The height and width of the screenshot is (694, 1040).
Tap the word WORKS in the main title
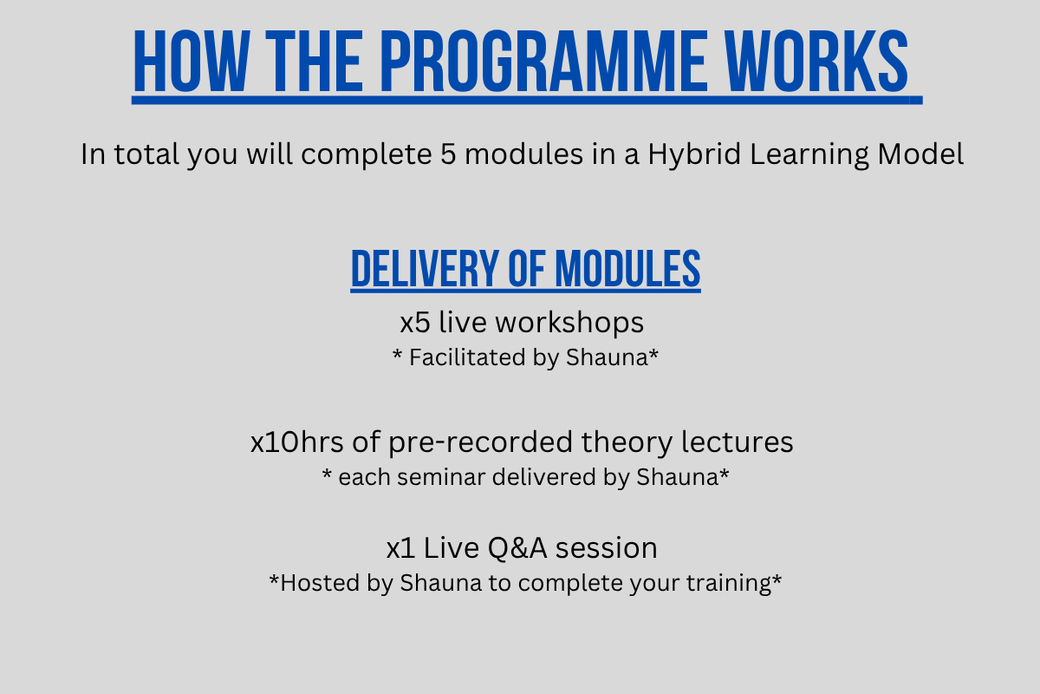point(817,62)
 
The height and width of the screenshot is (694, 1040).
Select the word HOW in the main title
point(192,62)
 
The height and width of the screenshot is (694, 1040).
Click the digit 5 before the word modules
point(448,154)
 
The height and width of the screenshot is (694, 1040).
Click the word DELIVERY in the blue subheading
point(425,269)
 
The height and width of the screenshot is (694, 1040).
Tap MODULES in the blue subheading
point(627,269)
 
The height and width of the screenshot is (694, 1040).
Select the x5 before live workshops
point(415,323)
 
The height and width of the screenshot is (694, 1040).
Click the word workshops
point(569,323)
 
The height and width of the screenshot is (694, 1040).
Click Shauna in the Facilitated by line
point(607,357)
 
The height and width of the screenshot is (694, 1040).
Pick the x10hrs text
point(296,442)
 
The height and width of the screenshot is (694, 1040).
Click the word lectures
point(738,442)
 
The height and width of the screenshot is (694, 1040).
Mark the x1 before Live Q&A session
point(400,548)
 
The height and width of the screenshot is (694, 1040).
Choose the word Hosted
point(320,583)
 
